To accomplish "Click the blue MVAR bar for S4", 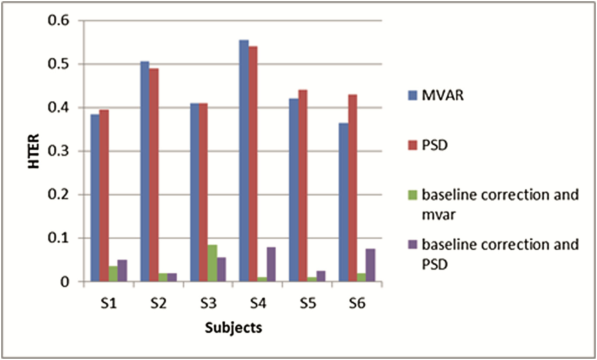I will tap(244, 161).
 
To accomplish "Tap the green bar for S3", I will tap(212, 263).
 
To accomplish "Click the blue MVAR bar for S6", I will tap(343, 202).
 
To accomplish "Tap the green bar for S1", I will tap(112, 274).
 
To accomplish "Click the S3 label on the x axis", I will tap(207, 304).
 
